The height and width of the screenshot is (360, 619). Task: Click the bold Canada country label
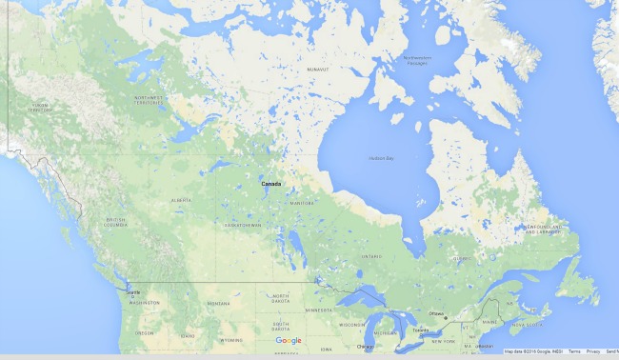271,183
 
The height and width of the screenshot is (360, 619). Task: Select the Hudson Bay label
381,157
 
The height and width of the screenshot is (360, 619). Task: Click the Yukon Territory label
39,107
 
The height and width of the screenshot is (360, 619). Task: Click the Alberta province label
180,200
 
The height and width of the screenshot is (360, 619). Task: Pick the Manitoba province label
302,203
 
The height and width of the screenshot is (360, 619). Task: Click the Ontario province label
372,255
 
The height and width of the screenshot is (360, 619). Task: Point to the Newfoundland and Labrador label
547,228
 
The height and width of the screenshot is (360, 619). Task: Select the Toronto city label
421,331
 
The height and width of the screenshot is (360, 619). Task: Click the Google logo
289,340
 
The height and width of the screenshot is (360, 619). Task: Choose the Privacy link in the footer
592,352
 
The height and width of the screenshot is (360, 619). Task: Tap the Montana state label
218,303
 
